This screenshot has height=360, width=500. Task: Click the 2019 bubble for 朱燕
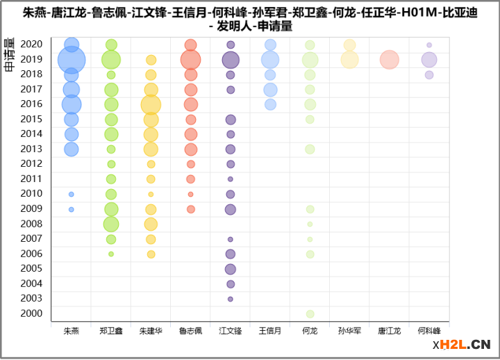(72, 60)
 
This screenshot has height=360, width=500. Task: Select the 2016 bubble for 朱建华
(151, 105)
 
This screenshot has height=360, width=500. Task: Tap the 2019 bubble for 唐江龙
(390, 60)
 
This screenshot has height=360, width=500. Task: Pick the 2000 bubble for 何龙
(310, 314)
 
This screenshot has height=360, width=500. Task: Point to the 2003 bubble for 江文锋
(231, 299)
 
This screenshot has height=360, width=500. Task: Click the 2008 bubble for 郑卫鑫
(111, 224)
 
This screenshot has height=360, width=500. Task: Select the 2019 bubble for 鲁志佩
(190, 60)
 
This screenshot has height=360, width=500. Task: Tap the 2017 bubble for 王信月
(270, 90)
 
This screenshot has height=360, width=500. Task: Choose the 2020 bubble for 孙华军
(349, 45)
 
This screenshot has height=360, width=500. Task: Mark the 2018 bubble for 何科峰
(429, 75)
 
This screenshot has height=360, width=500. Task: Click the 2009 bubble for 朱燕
(72, 209)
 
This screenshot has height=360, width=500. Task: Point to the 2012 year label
(31, 164)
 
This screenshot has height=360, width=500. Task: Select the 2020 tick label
(31, 44)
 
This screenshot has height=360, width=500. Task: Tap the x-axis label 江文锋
(231, 331)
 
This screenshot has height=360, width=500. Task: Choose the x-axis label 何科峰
(429, 331)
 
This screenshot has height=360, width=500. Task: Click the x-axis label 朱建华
(151, 331)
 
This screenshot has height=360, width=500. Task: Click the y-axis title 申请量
(10, 55)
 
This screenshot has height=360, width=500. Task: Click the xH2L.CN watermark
(462, 344)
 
